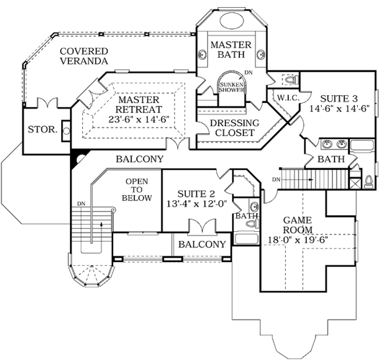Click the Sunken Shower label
tap(232, 88)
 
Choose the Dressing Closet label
tap(229, 128)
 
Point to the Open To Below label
tap(138, 190)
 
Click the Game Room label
tap(298, 225)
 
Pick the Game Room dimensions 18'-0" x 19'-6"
tap(298, 241)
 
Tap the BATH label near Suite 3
tap(331, 159)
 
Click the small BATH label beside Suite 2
tap(244, 216)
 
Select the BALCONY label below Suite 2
tap(202, 244)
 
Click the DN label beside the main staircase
tap(81, 204)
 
